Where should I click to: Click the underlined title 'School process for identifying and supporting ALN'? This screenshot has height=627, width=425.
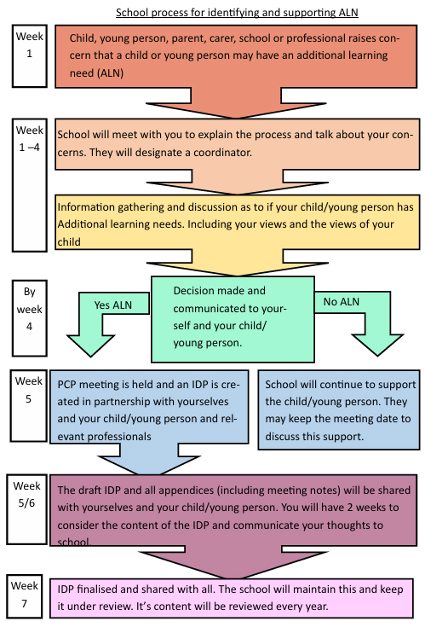(237, 13)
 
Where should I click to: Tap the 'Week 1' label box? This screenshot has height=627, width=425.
(30, 55)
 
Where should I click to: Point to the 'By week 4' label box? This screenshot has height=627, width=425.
(30, 318)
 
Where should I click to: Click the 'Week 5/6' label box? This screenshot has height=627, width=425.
(26, 509)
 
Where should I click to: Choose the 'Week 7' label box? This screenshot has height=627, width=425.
(25, 596)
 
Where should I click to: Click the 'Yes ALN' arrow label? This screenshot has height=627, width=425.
(113, 305)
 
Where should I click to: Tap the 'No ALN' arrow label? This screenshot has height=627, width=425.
(342, 301)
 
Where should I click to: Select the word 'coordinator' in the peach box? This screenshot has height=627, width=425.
(222, 153)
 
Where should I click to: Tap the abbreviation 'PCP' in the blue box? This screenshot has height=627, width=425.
(66, 384)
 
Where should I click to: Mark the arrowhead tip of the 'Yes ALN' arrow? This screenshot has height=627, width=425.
(91, 356)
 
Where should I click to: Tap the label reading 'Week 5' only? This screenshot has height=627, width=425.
(28, 390)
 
